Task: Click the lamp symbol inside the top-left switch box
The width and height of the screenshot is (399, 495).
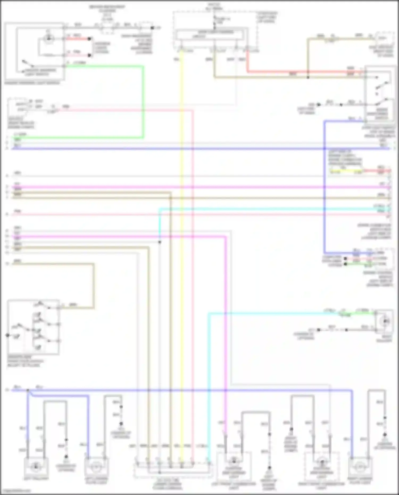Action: [48, 39]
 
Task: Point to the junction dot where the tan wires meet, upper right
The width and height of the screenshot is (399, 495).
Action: [308, 77]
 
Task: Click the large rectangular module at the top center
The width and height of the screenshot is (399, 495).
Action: [210, 35]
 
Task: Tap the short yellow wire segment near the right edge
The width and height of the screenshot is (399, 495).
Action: [346, 170]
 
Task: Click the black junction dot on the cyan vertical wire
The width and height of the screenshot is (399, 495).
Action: [160, 242]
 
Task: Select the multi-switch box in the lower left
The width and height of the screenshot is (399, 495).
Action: [34, 327]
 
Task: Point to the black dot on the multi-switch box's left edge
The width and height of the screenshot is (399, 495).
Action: [8, 335]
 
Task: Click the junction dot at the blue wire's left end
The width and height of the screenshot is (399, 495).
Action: [28, 390]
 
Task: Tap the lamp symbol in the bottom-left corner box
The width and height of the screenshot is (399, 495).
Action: [36, 466]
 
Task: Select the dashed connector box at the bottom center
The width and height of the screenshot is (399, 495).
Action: [173, 470]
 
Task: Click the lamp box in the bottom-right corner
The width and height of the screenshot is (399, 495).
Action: [360, 467]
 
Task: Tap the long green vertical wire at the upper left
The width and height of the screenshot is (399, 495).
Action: [143, 101]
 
